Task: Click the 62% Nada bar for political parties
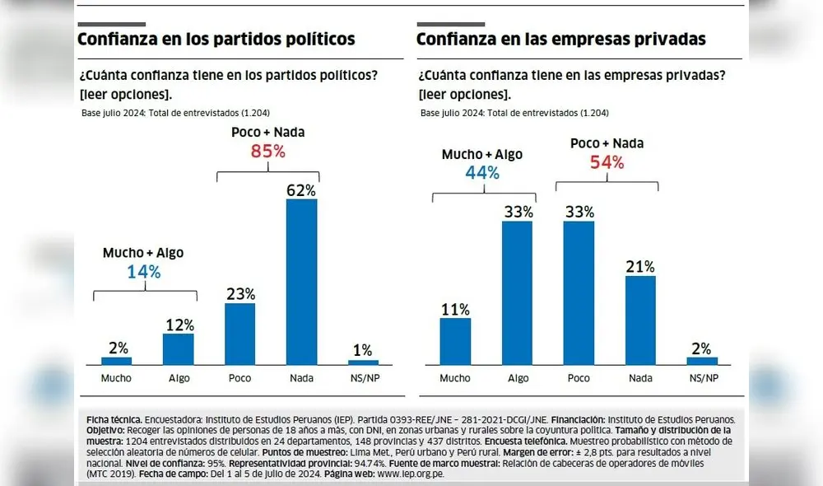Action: [301, 282]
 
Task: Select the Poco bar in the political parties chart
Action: [239, 334]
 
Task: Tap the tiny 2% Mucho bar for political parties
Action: [116, 360]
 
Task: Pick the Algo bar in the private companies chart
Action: [517, 292]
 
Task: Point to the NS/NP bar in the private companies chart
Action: [702, 360]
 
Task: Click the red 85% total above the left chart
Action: [267, 151]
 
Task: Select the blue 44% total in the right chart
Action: [482, 172]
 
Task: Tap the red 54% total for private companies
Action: [607, 161]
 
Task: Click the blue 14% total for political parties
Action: [143, 271]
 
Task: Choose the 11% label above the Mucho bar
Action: [454, 309]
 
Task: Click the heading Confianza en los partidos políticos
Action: [216, 39]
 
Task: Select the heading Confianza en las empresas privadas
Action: [560, 39]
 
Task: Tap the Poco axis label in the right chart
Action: [579, 378]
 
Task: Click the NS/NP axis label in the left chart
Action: [363, 378]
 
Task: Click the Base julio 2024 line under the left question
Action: [175, 112]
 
